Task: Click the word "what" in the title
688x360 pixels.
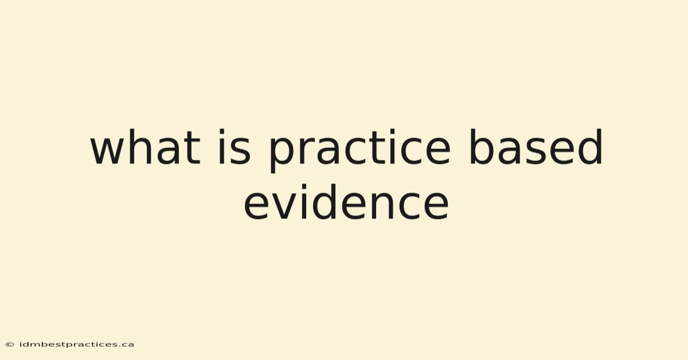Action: [145, 147]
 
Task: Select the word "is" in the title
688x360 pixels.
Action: [234, 147]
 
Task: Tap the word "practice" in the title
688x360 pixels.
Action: [359, 151]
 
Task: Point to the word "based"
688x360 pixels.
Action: [535, 147]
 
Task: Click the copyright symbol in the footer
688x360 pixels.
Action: [10, 345]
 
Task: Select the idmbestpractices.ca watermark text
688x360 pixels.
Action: [76, 345]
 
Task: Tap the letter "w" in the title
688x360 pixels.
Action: [108, 151]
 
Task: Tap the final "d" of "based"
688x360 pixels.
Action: [590, 147]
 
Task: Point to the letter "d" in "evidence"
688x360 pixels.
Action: [325, 202]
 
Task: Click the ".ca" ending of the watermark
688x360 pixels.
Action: [127, 345]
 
